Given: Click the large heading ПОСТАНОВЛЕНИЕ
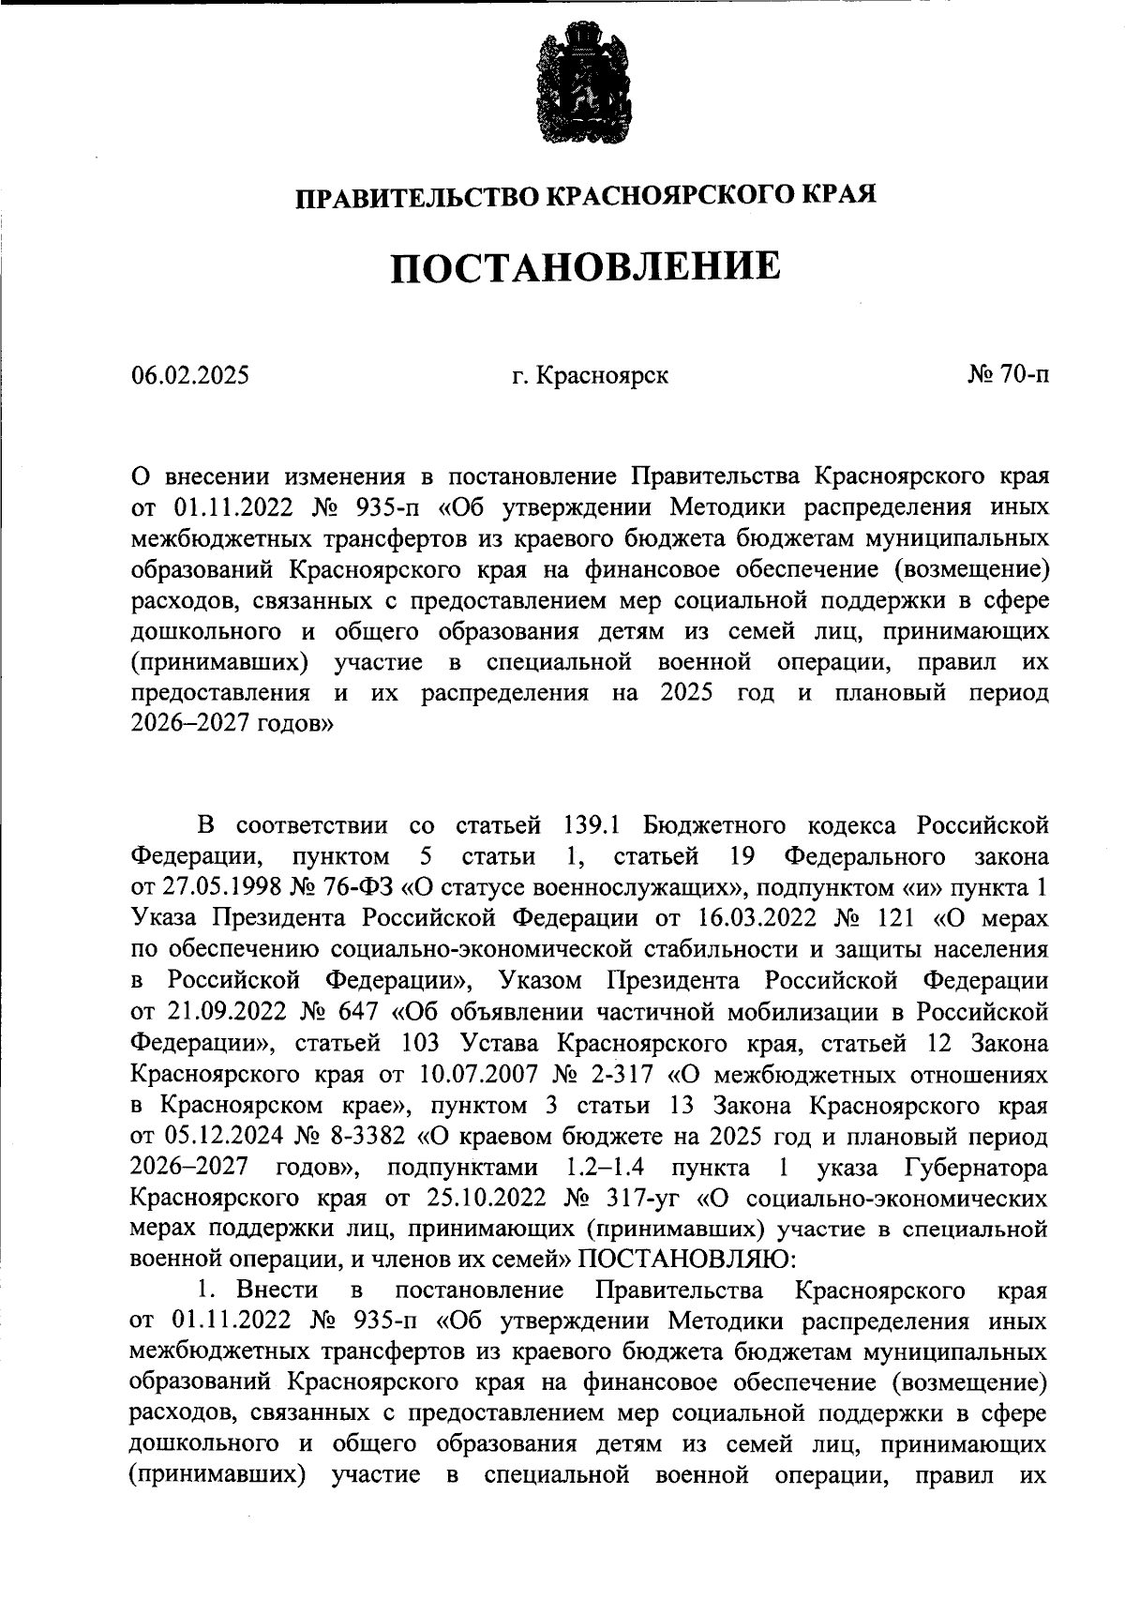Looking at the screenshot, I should (585, 266).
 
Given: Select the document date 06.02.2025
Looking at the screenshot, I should (190, 376).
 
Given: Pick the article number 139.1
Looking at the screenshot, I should (583, 825).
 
